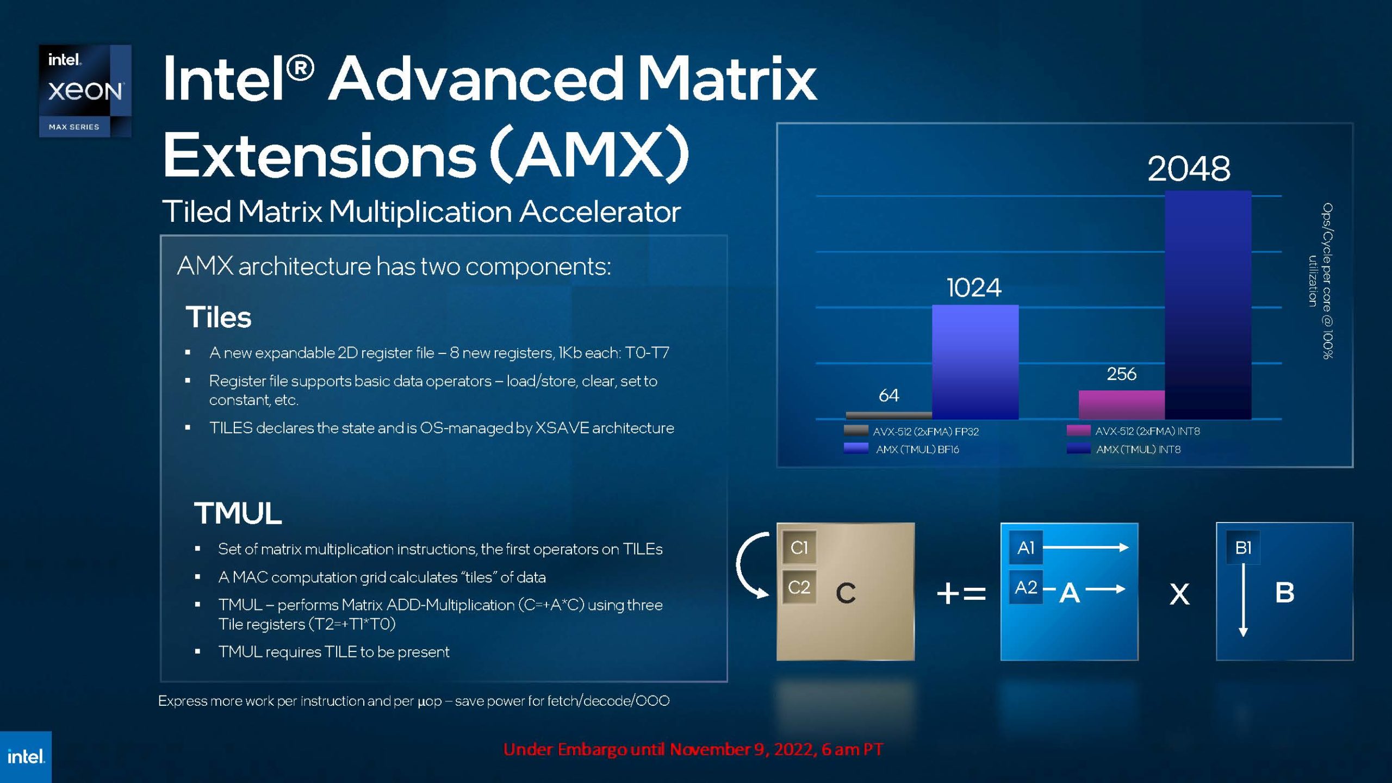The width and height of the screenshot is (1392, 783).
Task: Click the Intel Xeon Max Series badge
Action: tap(85, 91)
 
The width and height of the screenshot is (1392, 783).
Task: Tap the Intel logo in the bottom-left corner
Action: tap(26, 757)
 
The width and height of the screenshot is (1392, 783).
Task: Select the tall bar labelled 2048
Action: tap(1208, 305)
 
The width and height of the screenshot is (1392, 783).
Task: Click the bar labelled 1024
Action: tap(975, 362)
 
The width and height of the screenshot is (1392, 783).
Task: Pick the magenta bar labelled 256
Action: tap(1121, 405)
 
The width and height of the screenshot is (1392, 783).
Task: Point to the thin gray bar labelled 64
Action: tap(888, 416)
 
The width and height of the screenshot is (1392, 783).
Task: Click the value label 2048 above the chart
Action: tap(1189, 169)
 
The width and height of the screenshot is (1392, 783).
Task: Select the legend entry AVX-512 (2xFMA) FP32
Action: tap(911, 431)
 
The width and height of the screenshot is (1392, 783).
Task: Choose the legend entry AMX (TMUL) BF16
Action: tap(902, 449)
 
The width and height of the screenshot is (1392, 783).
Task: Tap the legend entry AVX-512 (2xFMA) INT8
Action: tap(1133, 431)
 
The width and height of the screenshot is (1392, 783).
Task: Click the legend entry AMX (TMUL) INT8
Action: tap(1123, 449)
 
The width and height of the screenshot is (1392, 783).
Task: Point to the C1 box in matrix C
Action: tap(799, 548)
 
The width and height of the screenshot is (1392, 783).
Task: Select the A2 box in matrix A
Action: tap(1026, 587)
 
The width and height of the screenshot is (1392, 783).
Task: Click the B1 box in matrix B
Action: tap(1243, 548)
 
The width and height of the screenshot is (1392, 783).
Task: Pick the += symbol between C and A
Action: tap(961, 593)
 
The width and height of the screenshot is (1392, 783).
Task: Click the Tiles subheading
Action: tap(219, 317)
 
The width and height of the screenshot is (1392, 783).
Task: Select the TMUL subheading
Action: tap(238, 513)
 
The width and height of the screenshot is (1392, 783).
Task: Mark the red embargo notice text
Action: tap(693, 749)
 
